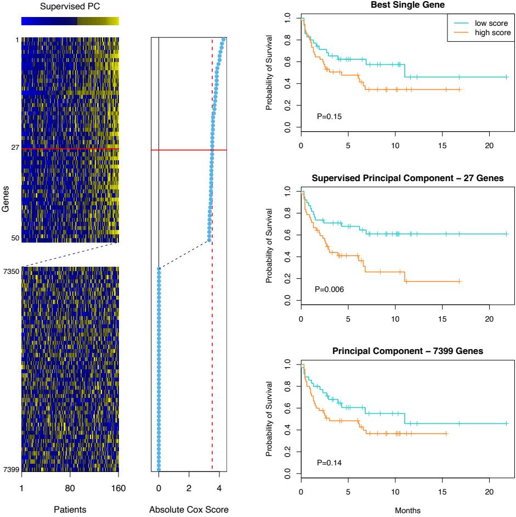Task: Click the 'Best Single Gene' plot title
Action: click(x=404, y=6)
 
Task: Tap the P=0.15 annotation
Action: click(x=328, y=116)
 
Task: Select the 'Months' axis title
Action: click(x=404, y=510)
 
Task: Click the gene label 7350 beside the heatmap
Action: click(x=10, y=271)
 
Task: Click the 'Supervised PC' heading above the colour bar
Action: click(x=70, y=7)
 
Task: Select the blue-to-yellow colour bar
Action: click(x=70, y=21)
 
